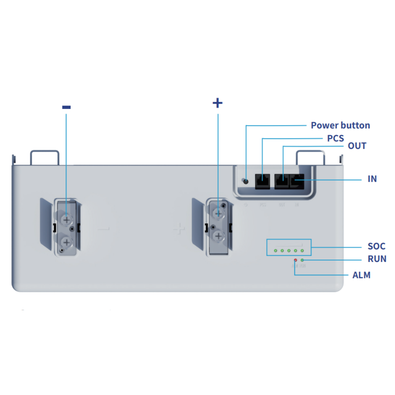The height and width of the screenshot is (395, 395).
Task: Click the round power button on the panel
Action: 246,181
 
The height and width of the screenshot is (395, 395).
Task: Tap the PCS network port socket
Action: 262,182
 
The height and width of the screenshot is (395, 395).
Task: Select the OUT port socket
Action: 281,182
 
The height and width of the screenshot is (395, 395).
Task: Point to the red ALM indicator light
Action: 295,260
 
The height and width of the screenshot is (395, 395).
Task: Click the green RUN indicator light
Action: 302,260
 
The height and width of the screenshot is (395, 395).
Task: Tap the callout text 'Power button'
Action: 340,126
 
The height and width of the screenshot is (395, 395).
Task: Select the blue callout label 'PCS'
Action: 335,139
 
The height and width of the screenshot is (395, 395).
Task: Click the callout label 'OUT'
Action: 357,146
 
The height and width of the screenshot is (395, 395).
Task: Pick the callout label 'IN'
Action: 372,179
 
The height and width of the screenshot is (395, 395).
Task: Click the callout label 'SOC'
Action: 376,246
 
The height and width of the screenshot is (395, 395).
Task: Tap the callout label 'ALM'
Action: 361,275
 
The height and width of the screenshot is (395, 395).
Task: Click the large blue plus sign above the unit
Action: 218,103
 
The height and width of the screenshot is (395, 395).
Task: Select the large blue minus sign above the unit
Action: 66,107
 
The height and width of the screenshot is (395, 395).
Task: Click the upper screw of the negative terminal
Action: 66,219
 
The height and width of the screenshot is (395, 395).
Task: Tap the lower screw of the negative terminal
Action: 66,242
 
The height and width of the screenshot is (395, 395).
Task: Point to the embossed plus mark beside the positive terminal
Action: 179,228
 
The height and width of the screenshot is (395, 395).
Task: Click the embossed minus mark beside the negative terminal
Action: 103,228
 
